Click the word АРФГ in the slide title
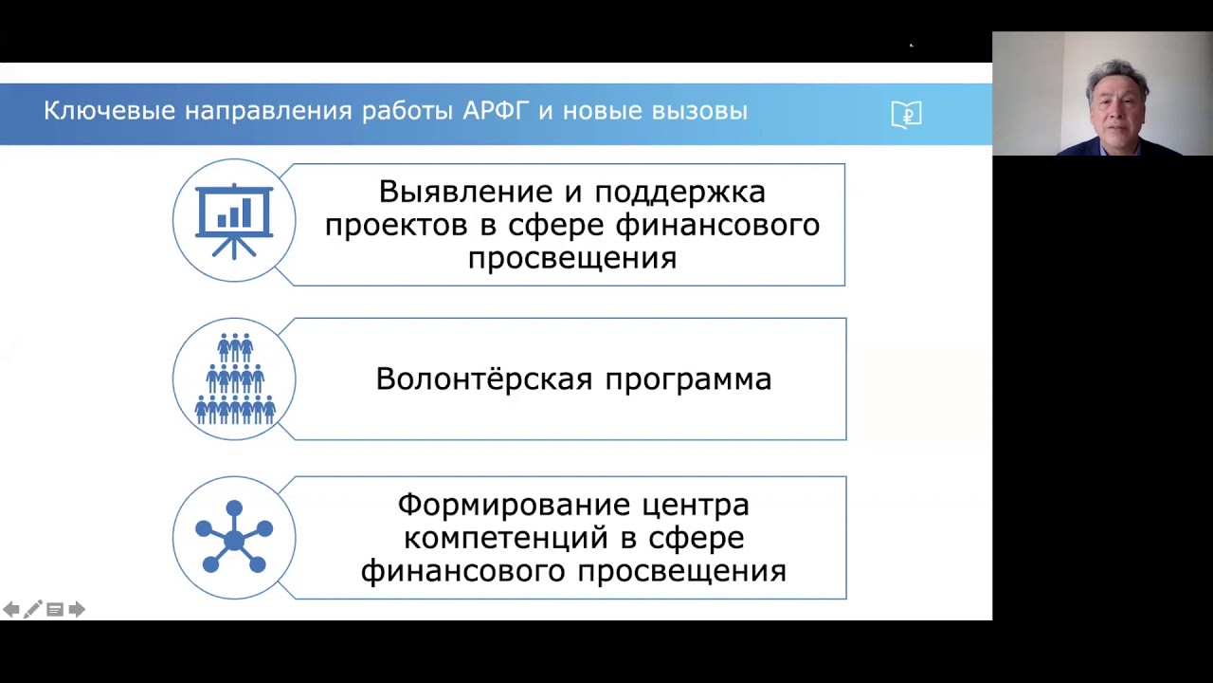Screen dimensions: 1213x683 pyautogui.click(x=495, y=111)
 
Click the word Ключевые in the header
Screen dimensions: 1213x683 pyautogui.click(x=109, y=111)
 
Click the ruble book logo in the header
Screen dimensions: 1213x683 pyautogui.click(x=907, y=115)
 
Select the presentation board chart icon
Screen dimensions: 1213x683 pyautogui.click(x=234, y=221)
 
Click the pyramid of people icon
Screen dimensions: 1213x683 pyautogui.click(x=235, y=378)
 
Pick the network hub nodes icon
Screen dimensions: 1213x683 pyautogui.click(x=234, y=537)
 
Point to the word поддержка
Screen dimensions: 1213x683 pyautogui.click(x=680, y=193)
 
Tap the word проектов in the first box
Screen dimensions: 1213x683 pyautogui.click(x=396, y=226)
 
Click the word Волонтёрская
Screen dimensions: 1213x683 pyautogui.click(x=484, y=378)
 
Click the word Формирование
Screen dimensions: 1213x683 pyautogui.click(x=514, y=506)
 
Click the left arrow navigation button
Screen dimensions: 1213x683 pyautogui.click(x=10, y=609)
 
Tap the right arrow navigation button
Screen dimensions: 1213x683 pyautogui.click(x=77, y=609)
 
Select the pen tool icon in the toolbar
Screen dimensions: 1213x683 pyautogui.click(x=32, y=609)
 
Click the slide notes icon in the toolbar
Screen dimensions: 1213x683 pyautogui.click(x=55, y=610)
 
